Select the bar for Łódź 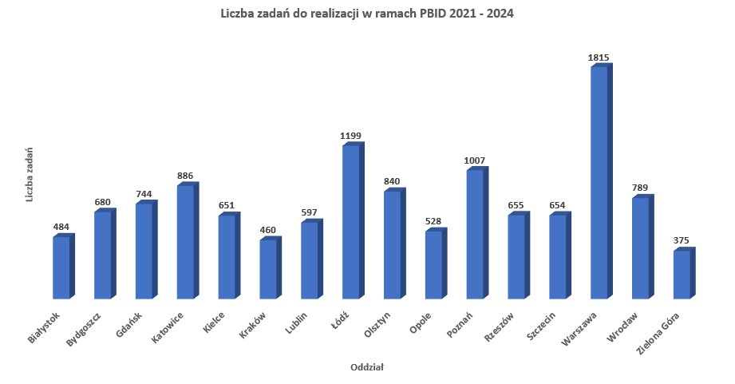pyautogui.click(x=351, y=222)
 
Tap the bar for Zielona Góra pyautogui.click(x=682, y=275)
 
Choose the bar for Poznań pyautogui.click(x=475, y=233)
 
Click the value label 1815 pyautogui.click(x=599, y=57)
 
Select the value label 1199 pyautogui.click(x=350, y=136)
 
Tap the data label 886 pyautogui.click(x=185, y=176)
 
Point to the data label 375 pyautogui.click(x=681, y=240)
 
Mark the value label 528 pyautogui.click(x=433, y=221)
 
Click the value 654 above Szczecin pyautogui.click(x=557, y=205)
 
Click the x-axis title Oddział pyautogui.click(x=367, y=367)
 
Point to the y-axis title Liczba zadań pyautogui.click(x=29, y=174)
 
